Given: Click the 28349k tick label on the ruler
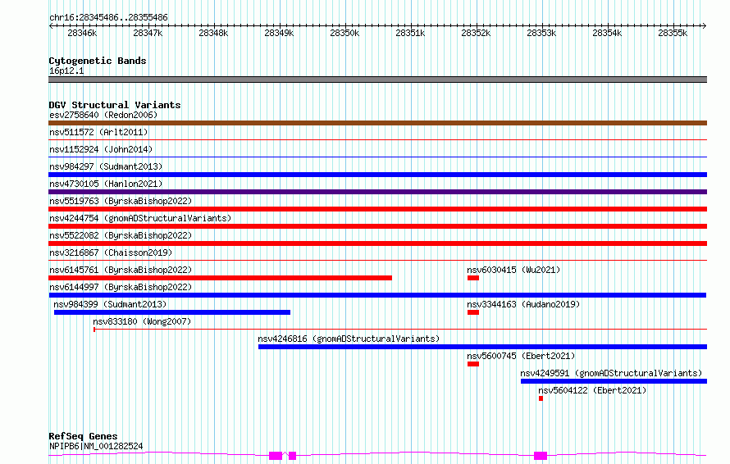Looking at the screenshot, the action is (279, 33).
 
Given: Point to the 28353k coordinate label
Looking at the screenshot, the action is (541, 33).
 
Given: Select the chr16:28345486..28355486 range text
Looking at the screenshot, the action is (108, 18).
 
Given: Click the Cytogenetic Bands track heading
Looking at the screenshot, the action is (98, 61).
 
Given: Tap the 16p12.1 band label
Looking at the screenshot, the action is (66, 71).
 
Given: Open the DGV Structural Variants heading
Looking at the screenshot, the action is (115, 105).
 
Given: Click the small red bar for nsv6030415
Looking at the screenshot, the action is (473, 278).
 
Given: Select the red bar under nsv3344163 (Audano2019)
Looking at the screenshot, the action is (473, 312).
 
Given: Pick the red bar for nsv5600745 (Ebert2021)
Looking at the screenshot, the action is (473, 364).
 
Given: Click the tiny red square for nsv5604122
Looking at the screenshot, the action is (541, 398).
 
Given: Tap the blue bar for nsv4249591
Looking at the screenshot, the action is (614, 381).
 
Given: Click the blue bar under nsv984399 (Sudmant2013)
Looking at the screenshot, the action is (172, 312).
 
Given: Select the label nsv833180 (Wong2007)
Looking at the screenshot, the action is (142, 321).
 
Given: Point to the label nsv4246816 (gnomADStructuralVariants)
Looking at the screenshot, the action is (349, 339).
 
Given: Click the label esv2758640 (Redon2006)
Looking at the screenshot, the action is (103, 115).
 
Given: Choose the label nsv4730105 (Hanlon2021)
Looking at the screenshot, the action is (106, 184).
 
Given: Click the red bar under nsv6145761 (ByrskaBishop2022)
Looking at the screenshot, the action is (220, 278).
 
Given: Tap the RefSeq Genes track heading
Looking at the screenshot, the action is (83, 436).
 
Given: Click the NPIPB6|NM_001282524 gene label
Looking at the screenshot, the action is (96, 446).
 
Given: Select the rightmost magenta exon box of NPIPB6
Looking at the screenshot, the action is (541, 456).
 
